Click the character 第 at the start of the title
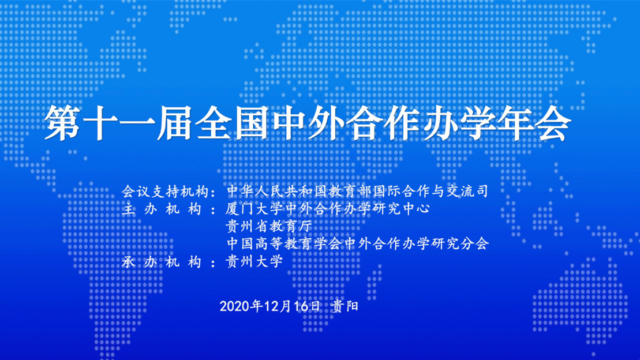point(62,123)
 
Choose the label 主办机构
point(162,209)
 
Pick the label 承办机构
point(162,261)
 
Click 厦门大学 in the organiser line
point(254,209)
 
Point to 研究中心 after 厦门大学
point(402,209)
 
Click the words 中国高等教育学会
point(285,243)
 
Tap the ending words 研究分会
point(460,243)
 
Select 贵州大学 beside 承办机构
point(254,261)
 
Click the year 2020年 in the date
point(241,306)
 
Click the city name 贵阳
point(345,306)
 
